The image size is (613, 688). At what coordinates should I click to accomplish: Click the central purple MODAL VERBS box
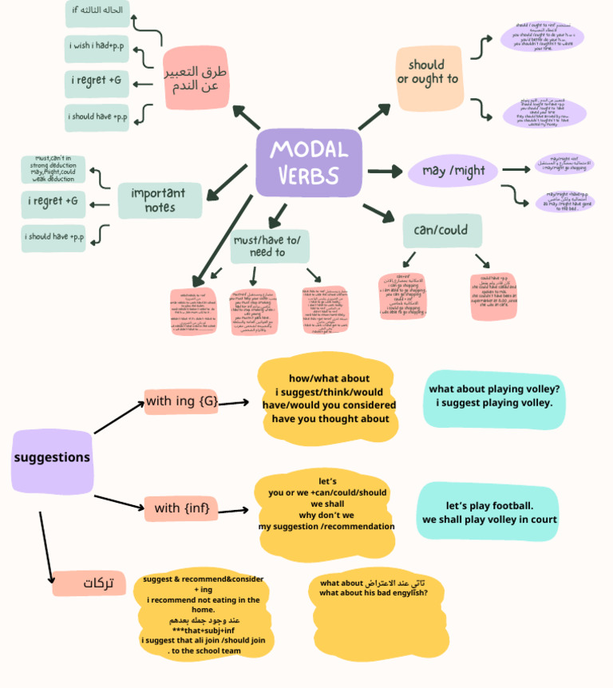click(308, 162)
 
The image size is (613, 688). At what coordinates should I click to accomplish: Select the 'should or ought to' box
click(429, 78)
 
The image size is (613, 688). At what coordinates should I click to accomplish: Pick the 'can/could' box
click(442, 231)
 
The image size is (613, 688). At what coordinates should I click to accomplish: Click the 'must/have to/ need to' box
click(269, 246)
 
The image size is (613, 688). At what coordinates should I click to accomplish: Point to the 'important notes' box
click(160, 200)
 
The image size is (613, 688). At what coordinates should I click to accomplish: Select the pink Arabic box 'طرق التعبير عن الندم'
click(196, 78)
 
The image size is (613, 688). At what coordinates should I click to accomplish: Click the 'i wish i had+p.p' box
click(97, 47)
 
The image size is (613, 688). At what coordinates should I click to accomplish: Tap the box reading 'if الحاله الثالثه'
click(97, 12)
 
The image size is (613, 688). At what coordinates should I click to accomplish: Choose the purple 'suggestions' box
click(52, 459)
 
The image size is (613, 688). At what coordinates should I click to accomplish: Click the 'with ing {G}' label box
click(181, 401)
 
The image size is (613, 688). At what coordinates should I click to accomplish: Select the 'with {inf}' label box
click(181, 508)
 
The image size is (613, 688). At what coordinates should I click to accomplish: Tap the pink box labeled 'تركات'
click(89, 583)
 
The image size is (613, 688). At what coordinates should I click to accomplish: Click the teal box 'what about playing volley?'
click(494, 396)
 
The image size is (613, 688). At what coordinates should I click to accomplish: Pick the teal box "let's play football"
click(488, 512)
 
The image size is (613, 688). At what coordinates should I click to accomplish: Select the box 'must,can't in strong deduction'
click(53, 169)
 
